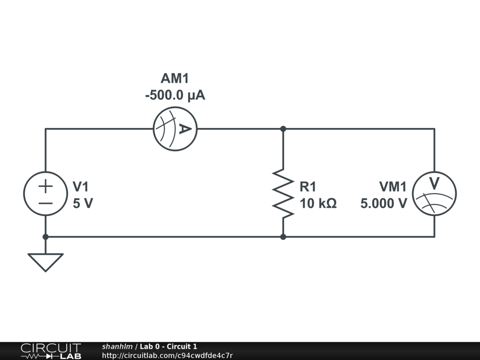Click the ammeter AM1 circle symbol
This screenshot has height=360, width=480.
coord(175,129)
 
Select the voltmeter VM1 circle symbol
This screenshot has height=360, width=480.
coord(434,193)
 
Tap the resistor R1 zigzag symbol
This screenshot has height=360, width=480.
coord(283,193)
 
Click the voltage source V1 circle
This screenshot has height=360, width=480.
coord(45,193)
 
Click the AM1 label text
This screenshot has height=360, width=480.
coord(175,78)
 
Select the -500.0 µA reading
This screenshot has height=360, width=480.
coord(175,96)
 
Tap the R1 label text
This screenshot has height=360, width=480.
coord(308,187)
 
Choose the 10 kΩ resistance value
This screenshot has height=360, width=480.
coord(318,203)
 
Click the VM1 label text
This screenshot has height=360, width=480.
coord(393,187)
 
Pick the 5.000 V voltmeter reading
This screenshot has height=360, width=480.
coord(383,203)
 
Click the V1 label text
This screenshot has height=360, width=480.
coord(81,187)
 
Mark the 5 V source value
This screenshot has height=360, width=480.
coord(83,203)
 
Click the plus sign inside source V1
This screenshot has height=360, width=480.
coord(45,186)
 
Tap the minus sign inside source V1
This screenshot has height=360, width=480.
coord(45,203)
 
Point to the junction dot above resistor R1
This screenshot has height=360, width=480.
coord(283,129)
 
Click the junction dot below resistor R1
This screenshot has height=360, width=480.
coord(283,237)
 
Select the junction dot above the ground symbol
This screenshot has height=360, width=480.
coord(45,237)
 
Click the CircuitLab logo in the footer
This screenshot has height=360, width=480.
coord(51,351)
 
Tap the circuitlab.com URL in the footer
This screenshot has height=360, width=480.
coord(167,355)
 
